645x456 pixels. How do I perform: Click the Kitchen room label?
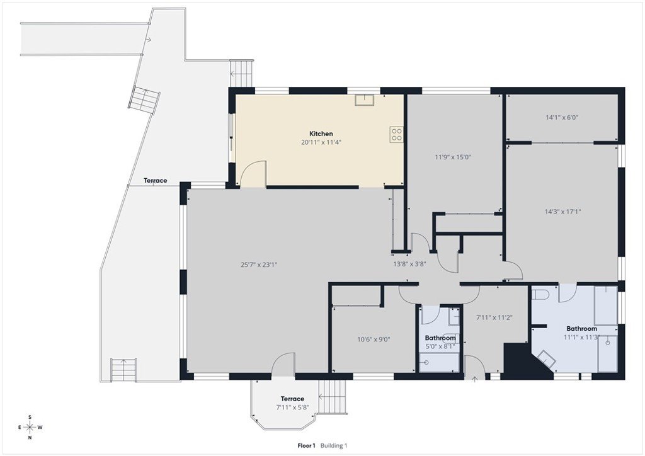[x=321, y=134]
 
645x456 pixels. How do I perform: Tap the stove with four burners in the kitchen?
[x=397, y=134]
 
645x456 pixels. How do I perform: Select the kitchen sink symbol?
[x=365, y=100]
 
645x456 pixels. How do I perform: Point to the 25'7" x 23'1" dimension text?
[x=259, y=265]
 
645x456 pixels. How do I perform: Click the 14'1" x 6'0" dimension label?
[x=562, y=117]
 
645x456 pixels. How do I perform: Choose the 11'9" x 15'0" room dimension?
[x=452, y=157]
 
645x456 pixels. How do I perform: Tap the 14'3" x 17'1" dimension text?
[x=562, y=212]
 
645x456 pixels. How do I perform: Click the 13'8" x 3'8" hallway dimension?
[x=409, y=264]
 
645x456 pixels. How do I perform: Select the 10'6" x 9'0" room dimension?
[x=374, y=339]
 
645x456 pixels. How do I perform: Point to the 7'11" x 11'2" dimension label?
[x=494, y=317]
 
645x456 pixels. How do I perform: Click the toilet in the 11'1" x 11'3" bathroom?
[x=540, y=295]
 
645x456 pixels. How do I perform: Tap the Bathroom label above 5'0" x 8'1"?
[x=440, y=338]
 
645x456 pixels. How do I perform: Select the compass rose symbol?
[x=30, y=427]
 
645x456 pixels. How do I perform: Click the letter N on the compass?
[x=30, y=438]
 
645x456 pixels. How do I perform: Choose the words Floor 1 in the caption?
[x=307, y=445]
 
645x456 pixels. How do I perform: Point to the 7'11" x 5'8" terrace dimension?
[x=292, y=408]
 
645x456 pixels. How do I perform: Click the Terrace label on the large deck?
[x=156, y=181]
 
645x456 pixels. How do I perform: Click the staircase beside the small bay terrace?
[x=333, y=397]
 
